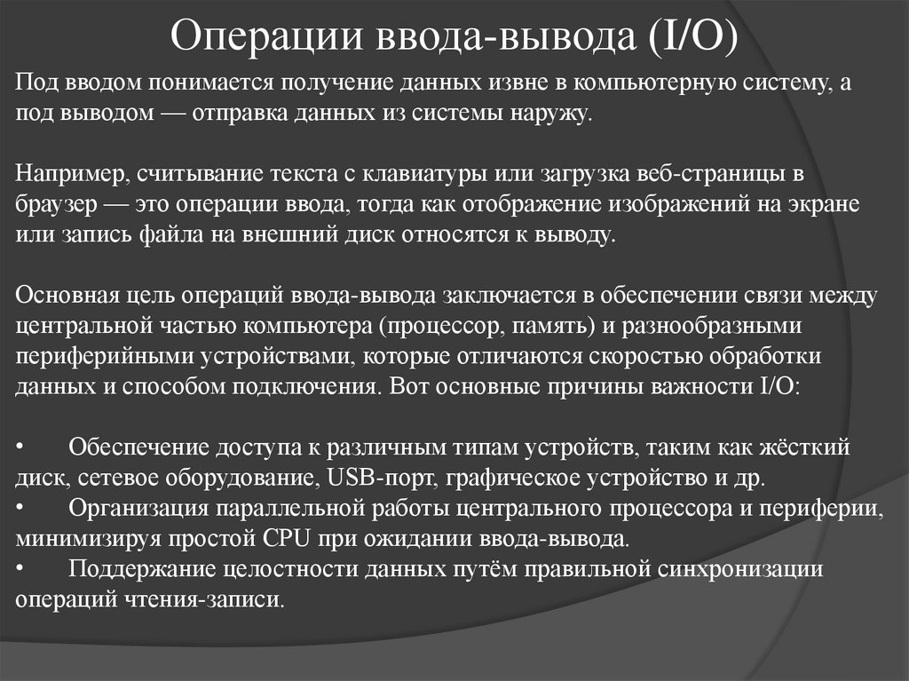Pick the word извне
(514, 83)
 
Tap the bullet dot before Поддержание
(21, 568)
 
